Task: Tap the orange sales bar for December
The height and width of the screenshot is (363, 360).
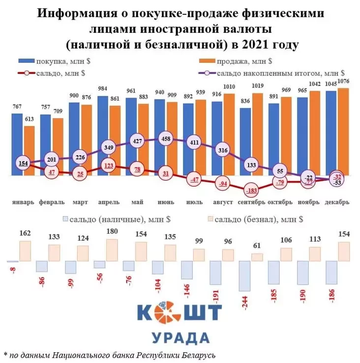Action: point(344,132)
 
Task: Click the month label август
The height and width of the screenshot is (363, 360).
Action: point(219,202)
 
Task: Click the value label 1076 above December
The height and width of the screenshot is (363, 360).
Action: point(344,81)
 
